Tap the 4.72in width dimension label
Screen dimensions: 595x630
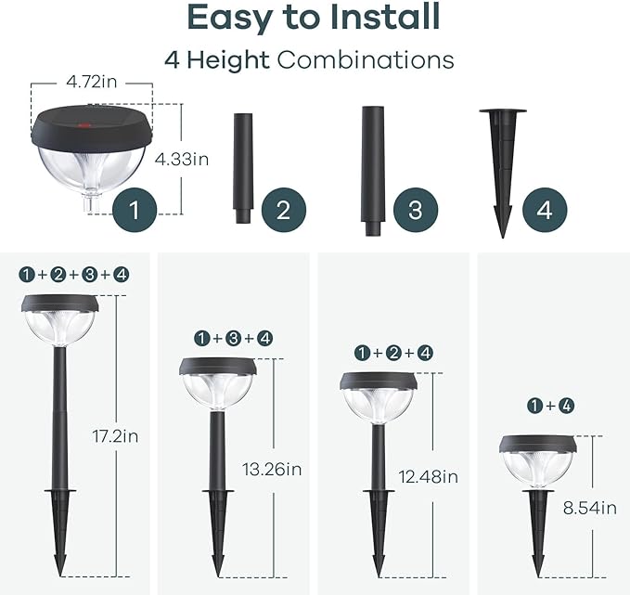pos(91,82)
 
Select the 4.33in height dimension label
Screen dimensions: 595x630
pos(182,159)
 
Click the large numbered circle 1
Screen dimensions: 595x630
pos(135,210)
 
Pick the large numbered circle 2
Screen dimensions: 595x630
pos(283,210)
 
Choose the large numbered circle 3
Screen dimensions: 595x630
pos(414,210)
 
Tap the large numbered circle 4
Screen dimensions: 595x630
pos(545,210)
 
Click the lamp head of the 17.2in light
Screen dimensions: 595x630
pos(60,321)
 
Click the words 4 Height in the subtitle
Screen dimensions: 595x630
pos(217,60)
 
